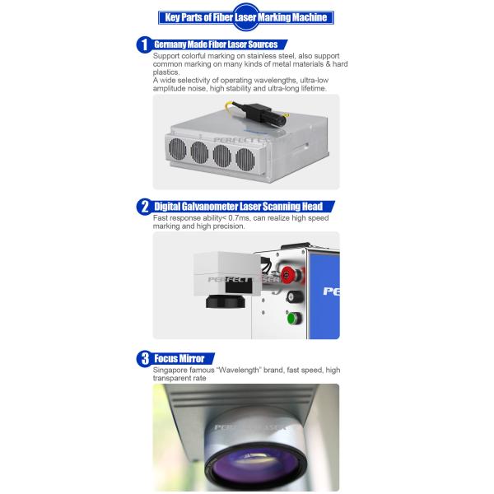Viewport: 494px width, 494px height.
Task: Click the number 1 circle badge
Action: click(x=144, y=44)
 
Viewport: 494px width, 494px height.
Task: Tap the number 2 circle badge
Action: click(x=144, y=207)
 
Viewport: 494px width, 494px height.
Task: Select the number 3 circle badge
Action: click(x=144, y=358)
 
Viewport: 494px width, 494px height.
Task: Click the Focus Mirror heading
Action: click(x=179, y=358)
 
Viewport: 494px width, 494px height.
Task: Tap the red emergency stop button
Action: click(x=287, y=275)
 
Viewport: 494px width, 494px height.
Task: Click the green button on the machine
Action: click(x=293, y=318)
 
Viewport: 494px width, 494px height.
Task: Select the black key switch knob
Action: click(x=291, y=296)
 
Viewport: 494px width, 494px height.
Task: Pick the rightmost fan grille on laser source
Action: click(x=245, y=160)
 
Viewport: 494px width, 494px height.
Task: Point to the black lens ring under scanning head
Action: click(x=226, y=302)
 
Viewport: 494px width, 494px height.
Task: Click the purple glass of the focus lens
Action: click(x=255, y=469)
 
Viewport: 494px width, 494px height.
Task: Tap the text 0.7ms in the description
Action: click(x=239, y=218)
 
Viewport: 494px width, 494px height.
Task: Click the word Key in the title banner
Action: click(x=172, y=17)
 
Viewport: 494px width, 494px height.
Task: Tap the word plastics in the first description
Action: click(x=166, y=72)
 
